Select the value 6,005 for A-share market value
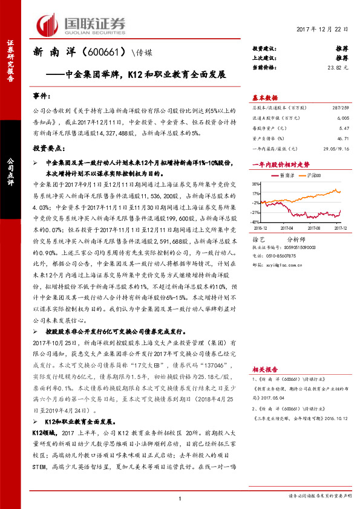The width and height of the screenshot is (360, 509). click(x=342, y=119)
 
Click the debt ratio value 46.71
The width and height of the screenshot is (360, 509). click(x=342, y=138)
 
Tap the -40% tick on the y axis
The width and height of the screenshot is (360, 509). click(x=256, y=222)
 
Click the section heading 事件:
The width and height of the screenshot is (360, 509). click(x=42, y=97)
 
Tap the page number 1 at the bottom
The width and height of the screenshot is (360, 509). click(x=180, y=498)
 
